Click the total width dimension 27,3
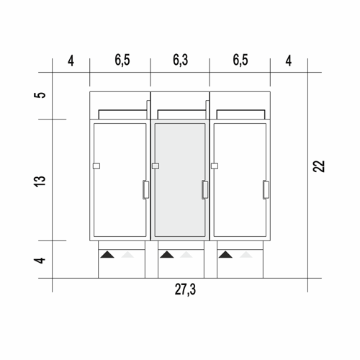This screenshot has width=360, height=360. tap(185, 289)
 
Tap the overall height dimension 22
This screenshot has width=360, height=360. tap(319, 166)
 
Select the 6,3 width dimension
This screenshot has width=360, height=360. tap(180, 60)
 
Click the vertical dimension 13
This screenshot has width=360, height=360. tap(40, 181)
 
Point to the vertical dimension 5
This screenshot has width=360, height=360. tap(40, 95)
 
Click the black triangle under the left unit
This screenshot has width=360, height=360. tap(107, 254)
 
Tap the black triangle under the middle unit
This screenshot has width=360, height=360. tap(167, 254)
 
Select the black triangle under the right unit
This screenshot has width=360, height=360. tap(225, 254)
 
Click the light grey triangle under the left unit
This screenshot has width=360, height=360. tap(127, 254)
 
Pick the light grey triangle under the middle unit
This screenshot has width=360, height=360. tap(186, 254)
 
